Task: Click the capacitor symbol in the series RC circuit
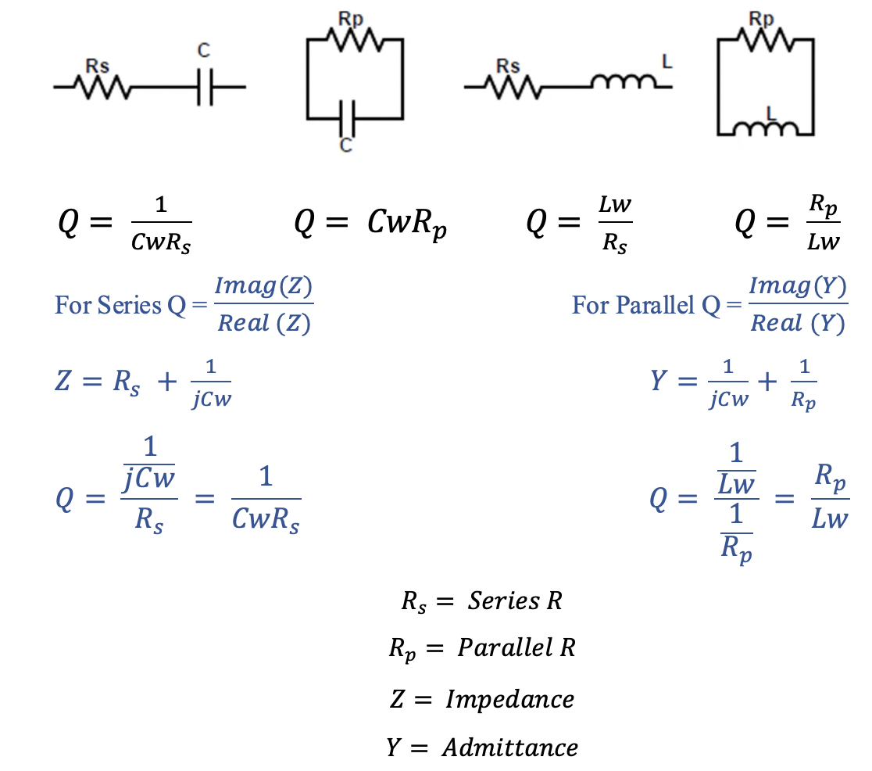[x=204, y=87]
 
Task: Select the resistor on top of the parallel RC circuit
[x=354, y=39]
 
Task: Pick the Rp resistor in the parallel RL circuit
[x=764, y=39]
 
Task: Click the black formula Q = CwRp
[x=371, y=224]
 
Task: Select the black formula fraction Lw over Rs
[x=614, y=224]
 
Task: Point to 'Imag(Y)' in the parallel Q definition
[x=797, y=288]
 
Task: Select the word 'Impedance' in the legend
[x=509, y=698]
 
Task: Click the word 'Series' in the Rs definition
[x=503, y=601]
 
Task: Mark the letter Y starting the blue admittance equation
[x=661, y=382]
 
